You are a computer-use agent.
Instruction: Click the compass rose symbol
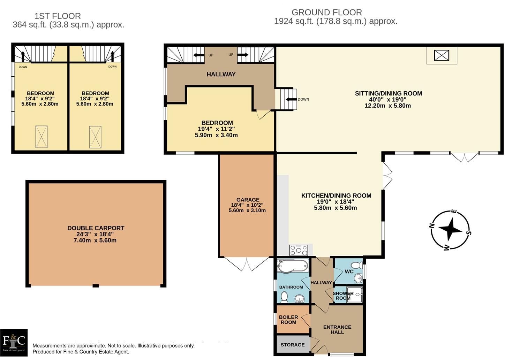(450, 230)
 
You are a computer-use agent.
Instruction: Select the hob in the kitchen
(299, 250)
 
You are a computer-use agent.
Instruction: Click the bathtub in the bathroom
(293, 266)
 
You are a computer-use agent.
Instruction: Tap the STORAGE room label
(293, 345)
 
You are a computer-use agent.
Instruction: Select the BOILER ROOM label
(288, 320)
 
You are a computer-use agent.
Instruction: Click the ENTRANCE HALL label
(337, 329)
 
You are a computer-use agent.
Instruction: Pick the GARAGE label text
(248, 200)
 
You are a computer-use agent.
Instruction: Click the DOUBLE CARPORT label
(96, 228)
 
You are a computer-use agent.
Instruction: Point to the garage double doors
(247, 264)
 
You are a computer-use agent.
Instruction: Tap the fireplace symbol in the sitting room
(442, 55)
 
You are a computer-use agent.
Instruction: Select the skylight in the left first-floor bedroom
(41, 137)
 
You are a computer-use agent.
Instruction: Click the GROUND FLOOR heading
(327, 12)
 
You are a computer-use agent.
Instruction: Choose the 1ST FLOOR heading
(58, 16)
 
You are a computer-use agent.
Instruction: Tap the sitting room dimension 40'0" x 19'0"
(388, 99)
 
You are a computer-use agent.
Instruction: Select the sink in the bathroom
(300, 298)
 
